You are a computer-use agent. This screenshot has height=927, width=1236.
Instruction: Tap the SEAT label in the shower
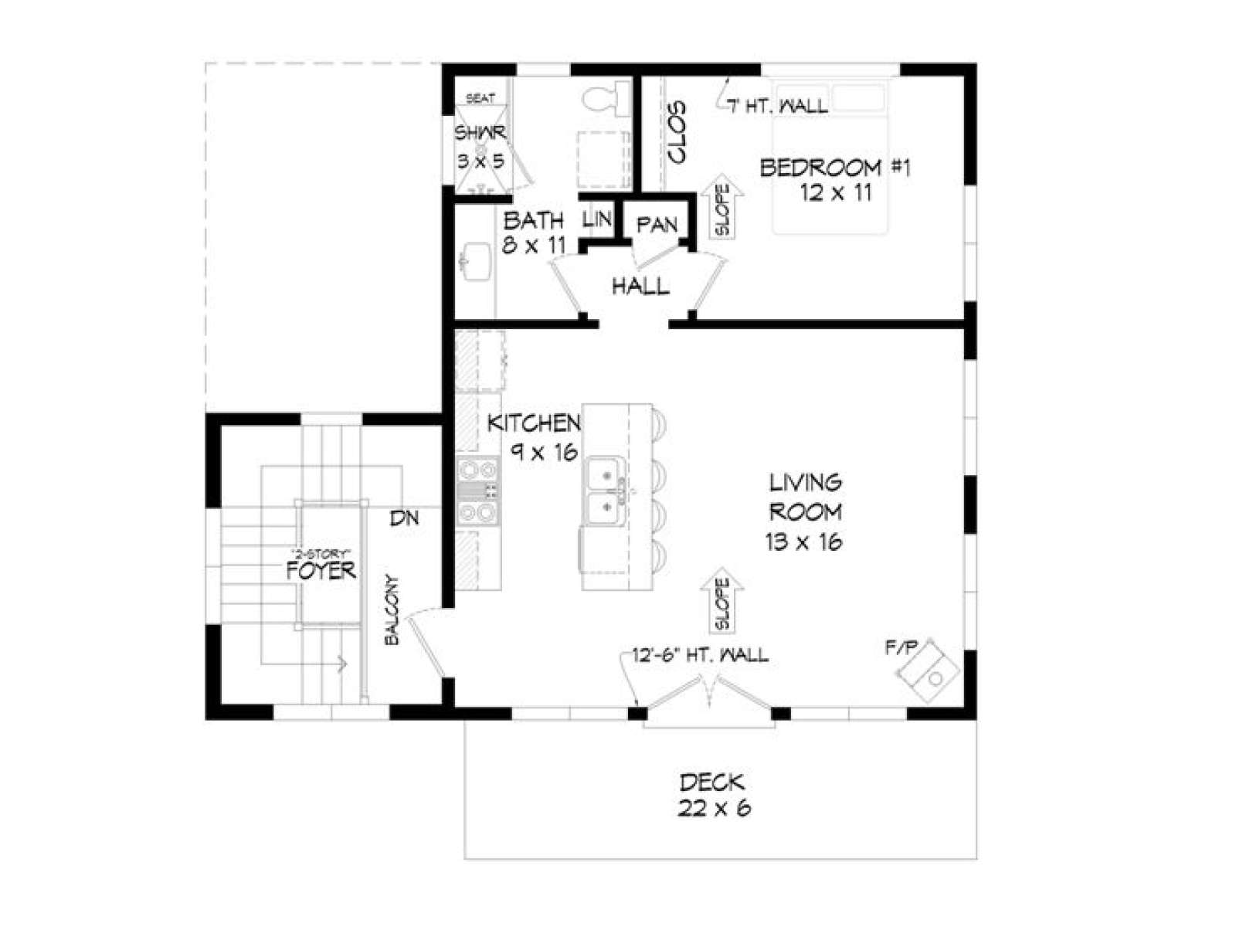click(480, 99)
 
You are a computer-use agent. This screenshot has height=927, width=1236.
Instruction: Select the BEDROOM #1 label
click(834, 167)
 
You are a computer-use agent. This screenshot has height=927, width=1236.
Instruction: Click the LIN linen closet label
click(597, 219)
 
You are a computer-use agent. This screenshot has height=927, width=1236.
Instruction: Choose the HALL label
click(640, 287)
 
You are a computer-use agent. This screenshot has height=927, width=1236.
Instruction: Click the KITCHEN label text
click(534, 423)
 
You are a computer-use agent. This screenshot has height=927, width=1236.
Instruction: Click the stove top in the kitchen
click(478, 491)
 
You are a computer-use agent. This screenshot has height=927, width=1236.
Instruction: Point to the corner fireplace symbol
click(926, 671)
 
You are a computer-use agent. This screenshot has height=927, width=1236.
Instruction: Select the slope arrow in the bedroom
click(722, 206)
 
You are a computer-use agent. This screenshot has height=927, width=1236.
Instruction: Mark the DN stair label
click(405, 518)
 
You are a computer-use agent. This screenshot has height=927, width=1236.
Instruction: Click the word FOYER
click(321, 571)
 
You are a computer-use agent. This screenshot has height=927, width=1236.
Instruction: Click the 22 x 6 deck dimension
click(714, 808)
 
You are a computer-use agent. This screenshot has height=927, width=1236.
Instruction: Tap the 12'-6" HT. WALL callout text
click(700, 654)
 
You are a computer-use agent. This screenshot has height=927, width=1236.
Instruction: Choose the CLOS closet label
click(676, 132)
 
